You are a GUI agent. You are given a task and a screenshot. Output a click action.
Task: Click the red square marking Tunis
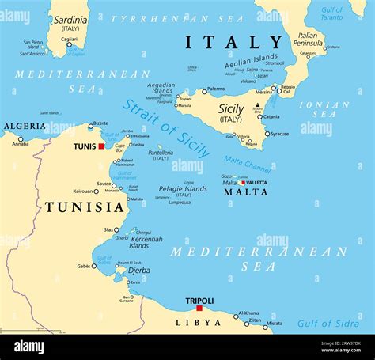point(101,146)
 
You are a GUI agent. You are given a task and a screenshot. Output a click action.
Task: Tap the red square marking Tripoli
point(199,309)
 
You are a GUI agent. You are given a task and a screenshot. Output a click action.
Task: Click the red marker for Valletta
point(241,183)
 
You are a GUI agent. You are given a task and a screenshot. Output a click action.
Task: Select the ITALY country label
point(233,43)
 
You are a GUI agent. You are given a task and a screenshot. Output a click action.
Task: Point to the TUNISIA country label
point(85,207)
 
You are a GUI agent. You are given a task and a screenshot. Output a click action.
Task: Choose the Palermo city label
point(215,89)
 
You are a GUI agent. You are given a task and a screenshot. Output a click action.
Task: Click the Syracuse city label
point(279,134)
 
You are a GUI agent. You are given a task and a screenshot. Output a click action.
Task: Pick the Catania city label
point(271,116)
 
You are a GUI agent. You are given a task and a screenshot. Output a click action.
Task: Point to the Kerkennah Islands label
point(146,241)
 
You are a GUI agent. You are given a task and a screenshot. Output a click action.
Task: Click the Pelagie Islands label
point(182,189)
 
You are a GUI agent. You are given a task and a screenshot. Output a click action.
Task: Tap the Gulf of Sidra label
point(328,323)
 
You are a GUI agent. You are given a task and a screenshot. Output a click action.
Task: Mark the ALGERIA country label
point(25,127)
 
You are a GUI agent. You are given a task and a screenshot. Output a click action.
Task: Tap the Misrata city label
point(274,324)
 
